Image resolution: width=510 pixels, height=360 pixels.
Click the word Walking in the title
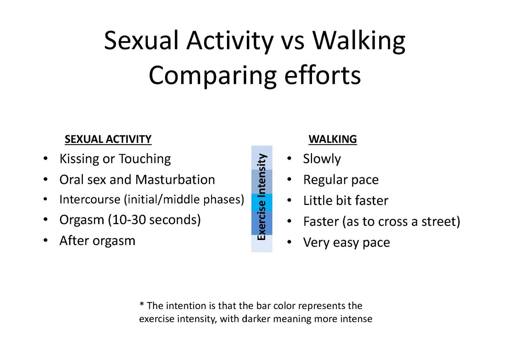click(x=358, y=41)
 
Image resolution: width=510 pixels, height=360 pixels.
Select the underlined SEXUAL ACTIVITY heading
click(x=108, y=139)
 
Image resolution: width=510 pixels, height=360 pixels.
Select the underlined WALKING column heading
click(x=333, y=139)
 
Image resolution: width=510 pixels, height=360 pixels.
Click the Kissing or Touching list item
click(x=115, y=159)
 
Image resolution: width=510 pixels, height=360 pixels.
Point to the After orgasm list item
click(x=97, y=241)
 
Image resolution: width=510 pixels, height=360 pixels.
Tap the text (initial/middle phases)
click(x=184, y=200)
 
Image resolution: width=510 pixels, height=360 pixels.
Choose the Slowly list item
click(x=322, y=159)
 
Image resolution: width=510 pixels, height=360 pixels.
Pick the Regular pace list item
click(x=341, y=180)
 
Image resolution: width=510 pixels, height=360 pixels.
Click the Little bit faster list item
click(x=346, y=201)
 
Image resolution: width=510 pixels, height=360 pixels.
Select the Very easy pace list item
click(x=346, y=242)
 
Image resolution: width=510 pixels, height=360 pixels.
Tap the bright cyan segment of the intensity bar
click(x=262, y=202)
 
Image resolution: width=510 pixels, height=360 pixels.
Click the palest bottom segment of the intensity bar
click(x=262, y=244)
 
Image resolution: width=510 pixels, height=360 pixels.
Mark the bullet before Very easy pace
click(x=290, y=242)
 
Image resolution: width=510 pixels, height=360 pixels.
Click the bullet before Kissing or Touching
click(x=45, y=159)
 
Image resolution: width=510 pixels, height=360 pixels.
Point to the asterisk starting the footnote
click(x=142, y=305)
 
